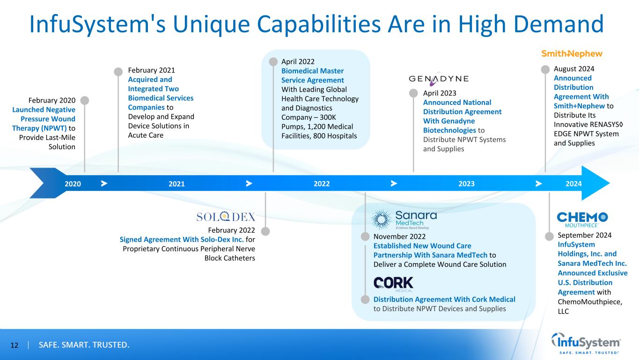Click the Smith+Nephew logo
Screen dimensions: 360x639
[572, 53]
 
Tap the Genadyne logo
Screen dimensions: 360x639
[439, 79]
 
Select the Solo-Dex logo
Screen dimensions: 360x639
[226, 217]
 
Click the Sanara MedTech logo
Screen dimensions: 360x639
[404, 219]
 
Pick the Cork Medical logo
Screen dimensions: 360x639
[393, 284]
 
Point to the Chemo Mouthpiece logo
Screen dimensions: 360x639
[582, 219]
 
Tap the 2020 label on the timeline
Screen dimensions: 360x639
[73, 184]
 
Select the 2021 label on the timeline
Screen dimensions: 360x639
[176, 184]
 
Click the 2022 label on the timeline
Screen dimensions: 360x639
[322, 184]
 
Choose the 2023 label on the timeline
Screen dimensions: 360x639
[466, 184]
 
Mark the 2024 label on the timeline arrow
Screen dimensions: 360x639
[573, 184]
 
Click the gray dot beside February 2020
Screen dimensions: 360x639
[84, 100]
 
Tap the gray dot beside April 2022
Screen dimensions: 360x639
[272, 61]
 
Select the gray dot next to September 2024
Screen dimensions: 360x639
[549, 235]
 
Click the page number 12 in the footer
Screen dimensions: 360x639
[14, 345]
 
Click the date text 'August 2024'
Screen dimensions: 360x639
[574, 69]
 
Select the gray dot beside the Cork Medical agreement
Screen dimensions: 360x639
[365, 299]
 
